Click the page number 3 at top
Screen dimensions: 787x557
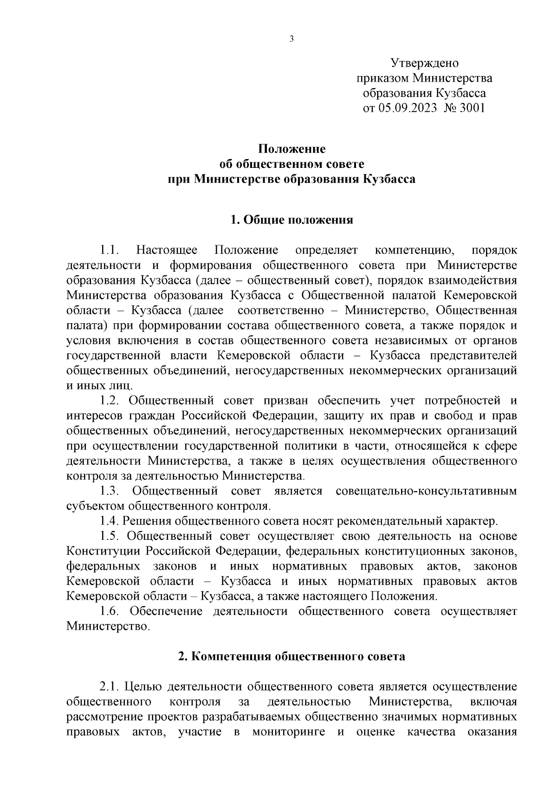pos(291,39)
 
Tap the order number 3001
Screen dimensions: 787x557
pos(472,108)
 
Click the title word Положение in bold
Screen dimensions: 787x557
pos(291,149)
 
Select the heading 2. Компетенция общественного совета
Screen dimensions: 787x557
pos(291,656)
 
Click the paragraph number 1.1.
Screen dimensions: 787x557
pos(110,250)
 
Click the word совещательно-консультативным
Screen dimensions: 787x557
pos(426,491)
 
